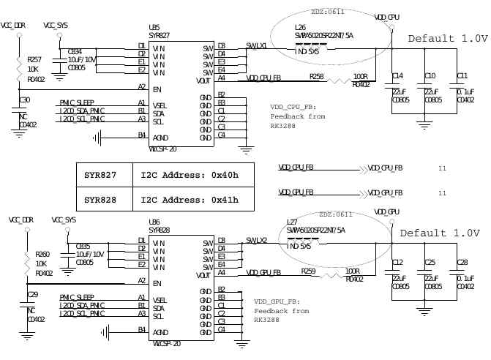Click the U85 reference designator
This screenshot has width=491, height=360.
click(154, 28)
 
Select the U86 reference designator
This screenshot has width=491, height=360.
click(154, 222)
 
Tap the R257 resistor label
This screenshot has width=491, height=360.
click(34, 59)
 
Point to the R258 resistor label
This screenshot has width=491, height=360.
click(316, 76)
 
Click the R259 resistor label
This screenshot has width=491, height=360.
click(308, 271)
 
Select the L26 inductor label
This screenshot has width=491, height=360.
click(299, 27)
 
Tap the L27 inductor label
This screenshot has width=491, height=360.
click(292, 222)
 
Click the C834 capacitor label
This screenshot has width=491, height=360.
click(75, 52)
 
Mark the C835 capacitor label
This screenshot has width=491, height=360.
click(83, 247)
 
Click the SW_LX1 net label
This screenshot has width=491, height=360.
click(257, 45)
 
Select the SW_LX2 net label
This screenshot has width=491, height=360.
click(257, 240)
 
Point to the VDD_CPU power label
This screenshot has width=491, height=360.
click(386, 16)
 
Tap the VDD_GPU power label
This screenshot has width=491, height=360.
click(386, 211)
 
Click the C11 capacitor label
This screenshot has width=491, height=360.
click(462, 76)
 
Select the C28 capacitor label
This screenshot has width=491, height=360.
click(462, 262)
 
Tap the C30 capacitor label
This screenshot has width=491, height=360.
click(25, 100)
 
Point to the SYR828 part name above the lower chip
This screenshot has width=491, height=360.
click(159, 230)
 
